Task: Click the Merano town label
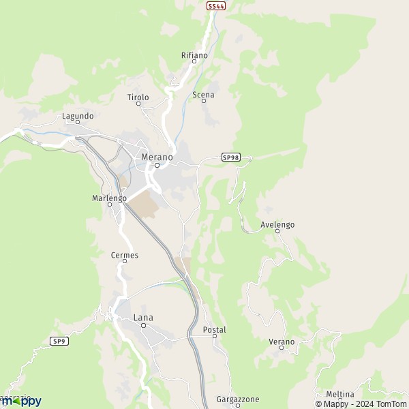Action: [x=156, y=157]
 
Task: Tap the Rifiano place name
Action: [x=194, y=55]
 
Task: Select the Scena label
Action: [x=203, y=95]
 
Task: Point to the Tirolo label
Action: [x=138, y=97]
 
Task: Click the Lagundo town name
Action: [x=78, y=116]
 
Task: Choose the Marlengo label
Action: [x=109, y=198]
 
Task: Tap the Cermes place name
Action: [x=124, y=255]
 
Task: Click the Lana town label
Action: [x=143, y=317]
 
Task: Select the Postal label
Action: [x=214, y=329]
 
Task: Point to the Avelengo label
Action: [x=277, y=224]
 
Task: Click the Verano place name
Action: [x=282, y=342]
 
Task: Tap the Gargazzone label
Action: [x=237, y=399]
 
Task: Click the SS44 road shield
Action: [x=215, y=5]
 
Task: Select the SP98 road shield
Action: [x=231, y=157]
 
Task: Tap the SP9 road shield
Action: [x=59, y=341]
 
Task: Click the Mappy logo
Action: [x=22, y=401]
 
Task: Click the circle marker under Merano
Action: [x=156, y=165]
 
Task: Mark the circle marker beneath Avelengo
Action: [x=277, y=231]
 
